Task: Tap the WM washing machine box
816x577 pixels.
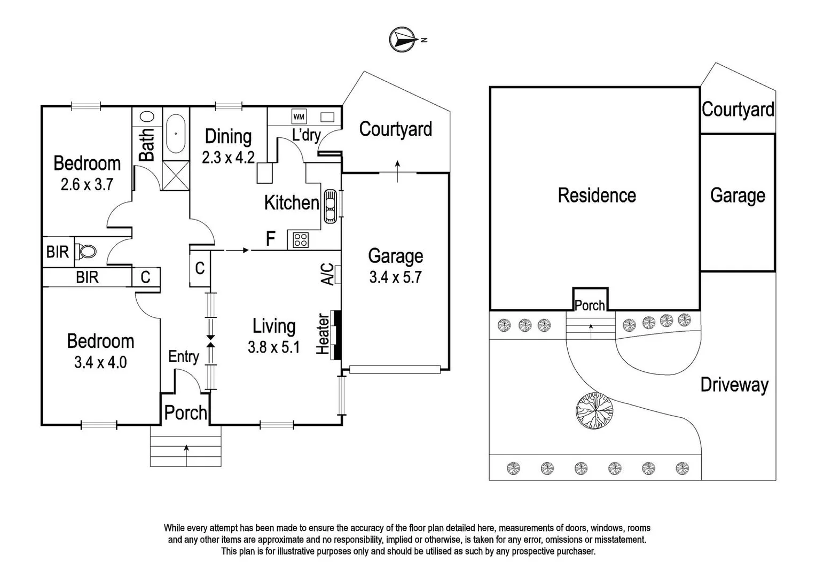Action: point(299,116)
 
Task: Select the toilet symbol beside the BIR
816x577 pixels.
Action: point(87,251)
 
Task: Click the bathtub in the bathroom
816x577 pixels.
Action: point(176,134)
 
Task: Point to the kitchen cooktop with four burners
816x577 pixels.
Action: point(301,240)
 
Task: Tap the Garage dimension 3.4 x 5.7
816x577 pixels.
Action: point(395,277)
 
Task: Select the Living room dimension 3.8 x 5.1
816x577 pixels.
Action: point(273,347)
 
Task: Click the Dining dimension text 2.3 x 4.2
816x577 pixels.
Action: point(228,158)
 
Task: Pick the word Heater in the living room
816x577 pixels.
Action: point(323,334)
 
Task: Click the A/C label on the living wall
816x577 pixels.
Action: point(327,274)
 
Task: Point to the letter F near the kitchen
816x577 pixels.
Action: point(271,239)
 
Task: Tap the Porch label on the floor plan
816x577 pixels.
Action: point(185,412)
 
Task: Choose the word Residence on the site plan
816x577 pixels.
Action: point(597,196)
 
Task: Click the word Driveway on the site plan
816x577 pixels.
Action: point(734,385)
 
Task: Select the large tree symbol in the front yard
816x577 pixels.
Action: point(594,410)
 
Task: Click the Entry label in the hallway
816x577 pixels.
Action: point(183,356)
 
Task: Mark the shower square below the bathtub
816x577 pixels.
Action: point(176,175)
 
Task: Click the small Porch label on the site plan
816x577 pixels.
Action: point(590,306)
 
